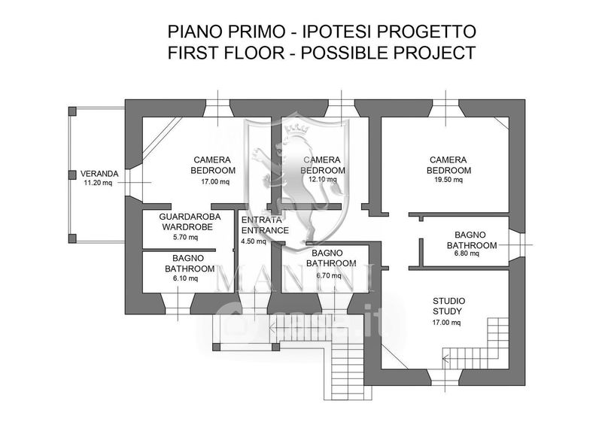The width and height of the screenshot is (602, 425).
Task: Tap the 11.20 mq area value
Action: pos(98,182)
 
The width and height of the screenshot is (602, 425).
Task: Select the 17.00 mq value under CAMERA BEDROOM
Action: pos(214,181)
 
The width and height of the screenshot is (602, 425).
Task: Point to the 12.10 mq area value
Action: pos(322,181)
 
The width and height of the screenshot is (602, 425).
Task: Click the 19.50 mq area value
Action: pos(448,181)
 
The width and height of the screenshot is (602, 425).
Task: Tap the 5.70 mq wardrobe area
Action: pos(185,238)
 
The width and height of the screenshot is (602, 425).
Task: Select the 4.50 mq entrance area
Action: pos(254,241)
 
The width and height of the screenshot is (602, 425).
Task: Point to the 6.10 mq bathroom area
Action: pos(185,278)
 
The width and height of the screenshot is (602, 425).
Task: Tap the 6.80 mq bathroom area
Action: pos(467,254)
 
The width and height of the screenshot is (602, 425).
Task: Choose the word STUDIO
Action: pos(448,299)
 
